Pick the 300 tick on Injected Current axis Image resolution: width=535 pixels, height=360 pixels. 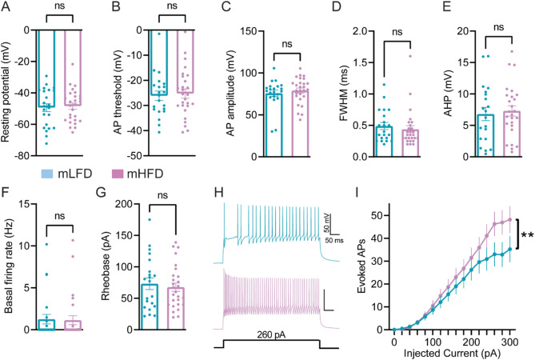[509, 339]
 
